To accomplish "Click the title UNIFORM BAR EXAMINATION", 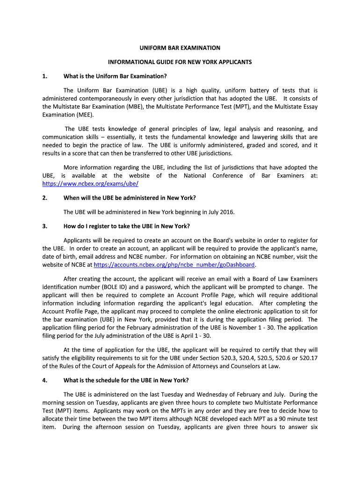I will (x=180, y=48).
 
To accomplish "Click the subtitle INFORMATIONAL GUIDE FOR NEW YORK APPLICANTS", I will (x=180, y=62).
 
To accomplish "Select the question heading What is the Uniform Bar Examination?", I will (x=115, y=76).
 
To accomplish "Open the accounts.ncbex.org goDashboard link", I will (x=174, y=265).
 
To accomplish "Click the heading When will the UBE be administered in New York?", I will (x=130, y=198).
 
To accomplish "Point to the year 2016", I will (x=227, y=212).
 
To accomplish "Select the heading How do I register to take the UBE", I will (x=127, y=226).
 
